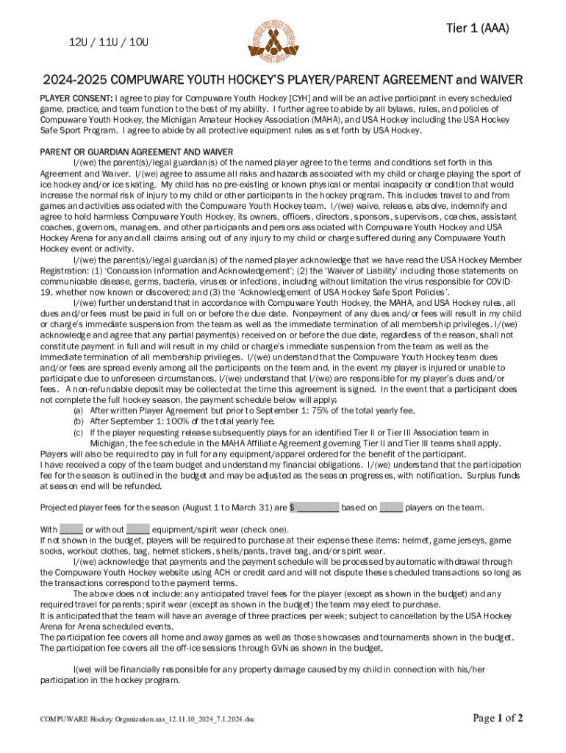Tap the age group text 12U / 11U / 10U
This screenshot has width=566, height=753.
point(109,42)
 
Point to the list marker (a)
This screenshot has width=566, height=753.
point(78,411)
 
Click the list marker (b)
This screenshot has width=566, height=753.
point(78,422)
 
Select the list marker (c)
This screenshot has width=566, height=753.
point(78,433)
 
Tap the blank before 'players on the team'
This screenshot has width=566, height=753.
point(391,507)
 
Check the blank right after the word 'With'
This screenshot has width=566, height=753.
point(71,529)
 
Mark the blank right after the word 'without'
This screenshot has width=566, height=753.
point(138,529)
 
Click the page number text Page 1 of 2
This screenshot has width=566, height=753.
point(498,718)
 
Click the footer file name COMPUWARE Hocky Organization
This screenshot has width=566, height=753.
point(146,719)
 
